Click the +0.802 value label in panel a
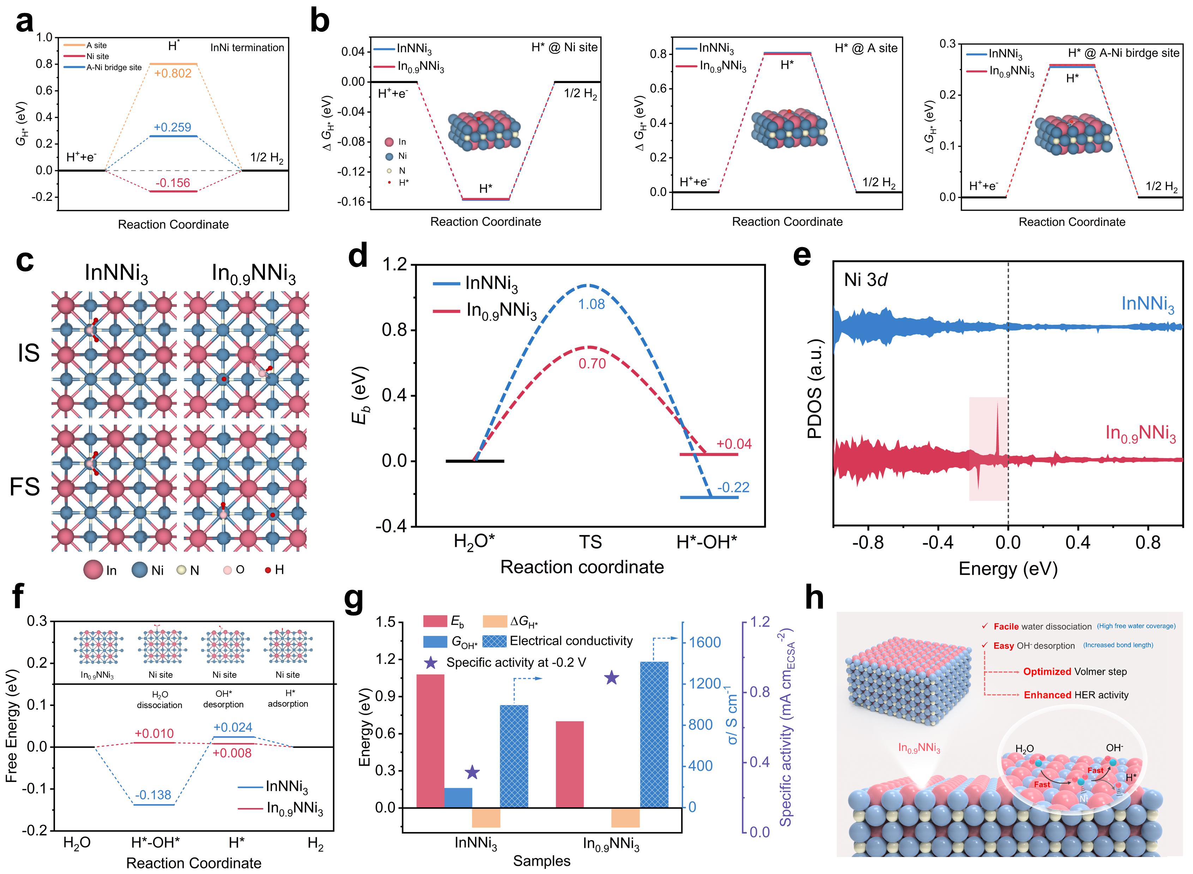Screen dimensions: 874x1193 [173, 73]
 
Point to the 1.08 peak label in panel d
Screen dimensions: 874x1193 [591, 304]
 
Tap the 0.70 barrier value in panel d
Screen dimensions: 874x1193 [592, 364]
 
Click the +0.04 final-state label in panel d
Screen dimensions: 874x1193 [734, 444]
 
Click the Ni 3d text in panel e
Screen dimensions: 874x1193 [865, 279]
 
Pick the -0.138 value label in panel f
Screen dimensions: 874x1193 [153, 795]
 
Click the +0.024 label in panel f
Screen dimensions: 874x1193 [233, 728]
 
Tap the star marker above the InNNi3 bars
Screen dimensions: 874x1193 [472, 772]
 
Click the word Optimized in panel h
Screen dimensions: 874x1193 [1047, 671]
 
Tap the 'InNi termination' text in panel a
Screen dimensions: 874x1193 [247, 48]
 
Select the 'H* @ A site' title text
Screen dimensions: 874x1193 [866, 48]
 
